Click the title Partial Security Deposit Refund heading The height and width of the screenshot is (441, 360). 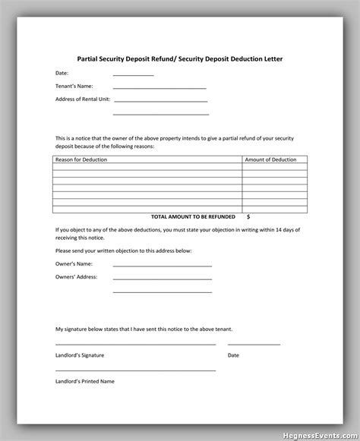pyautogui.click(x=180, y=57)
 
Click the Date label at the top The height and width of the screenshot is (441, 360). pyautogui.click(x=62, y=73)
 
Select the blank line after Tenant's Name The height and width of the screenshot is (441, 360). pyautogui.click(x=159, y=88)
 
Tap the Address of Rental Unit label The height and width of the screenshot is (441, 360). pyautogui.click(x=82, y=99)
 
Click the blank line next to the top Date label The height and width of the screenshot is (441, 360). pyautogui.click(x=133, y=75)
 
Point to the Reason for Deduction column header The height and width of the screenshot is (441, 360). pyautogui.click(x=81, y=159)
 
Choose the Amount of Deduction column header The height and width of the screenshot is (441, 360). pyautogui.click(x=270, y=159)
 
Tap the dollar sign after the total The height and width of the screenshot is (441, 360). pyautogui.click(x=248, y=216)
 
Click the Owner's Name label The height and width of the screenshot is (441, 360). pyautogui.click(x=74, y=263)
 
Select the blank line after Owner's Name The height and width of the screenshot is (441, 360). pyautogui.click(x=162, y=266)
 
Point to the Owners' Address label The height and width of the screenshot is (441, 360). pyautogui.click(x=77, y=276)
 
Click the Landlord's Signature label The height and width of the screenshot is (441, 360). pyautogui.click(x=80, y=354)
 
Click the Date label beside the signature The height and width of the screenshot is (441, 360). pyautogui.click(x=233, y=354)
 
